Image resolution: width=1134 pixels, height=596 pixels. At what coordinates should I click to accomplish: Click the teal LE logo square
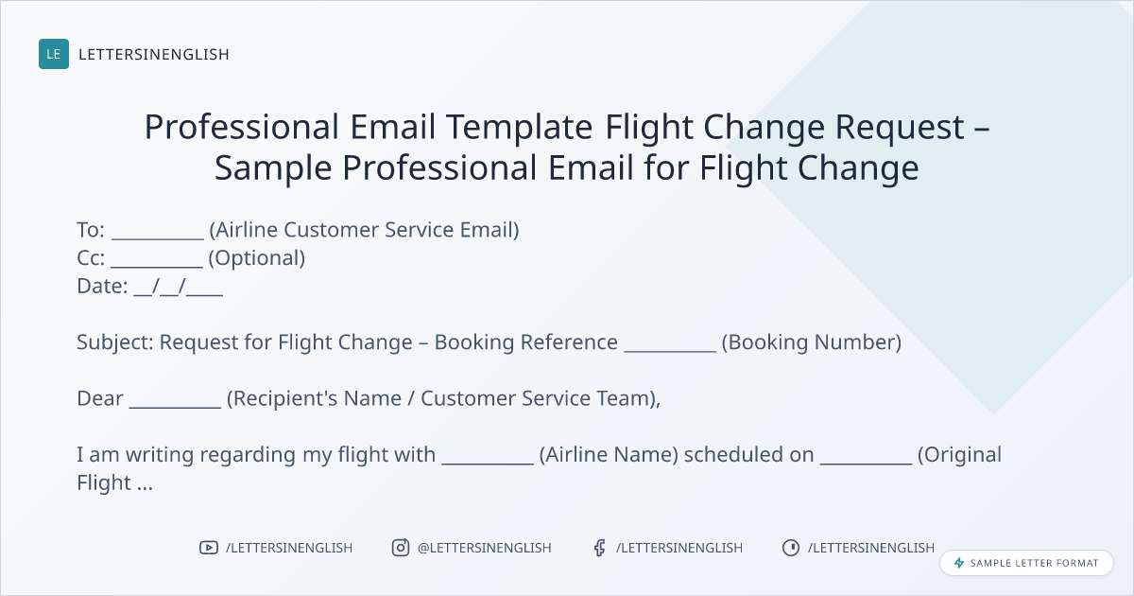[x=54, y=54]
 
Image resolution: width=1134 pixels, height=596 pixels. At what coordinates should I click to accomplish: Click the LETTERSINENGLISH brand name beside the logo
[x=154, y=54]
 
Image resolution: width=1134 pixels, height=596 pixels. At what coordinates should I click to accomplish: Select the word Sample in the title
[x=273, y=168]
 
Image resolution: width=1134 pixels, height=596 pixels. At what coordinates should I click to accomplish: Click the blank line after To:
[x=158, y=238]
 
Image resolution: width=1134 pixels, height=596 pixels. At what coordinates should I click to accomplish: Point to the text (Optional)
[x=257, y=258]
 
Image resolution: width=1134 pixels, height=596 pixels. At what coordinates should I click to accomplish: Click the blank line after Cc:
[x=157, y=266]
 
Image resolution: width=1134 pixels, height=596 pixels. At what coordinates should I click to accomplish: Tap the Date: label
[x=102, y=286]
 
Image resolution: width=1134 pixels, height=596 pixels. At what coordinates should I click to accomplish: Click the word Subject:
[x=115, y=343]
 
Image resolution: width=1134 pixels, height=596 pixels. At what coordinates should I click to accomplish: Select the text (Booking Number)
[x=812, y=342]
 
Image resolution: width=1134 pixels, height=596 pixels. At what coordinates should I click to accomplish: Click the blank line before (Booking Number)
[x=670, y=351]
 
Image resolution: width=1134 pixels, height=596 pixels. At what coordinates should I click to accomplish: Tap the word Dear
[x=100, y=398]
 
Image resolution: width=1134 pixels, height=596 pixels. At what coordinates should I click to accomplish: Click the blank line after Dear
[x=175, y=407]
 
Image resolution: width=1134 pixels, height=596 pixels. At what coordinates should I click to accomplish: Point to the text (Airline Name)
[x=609, y=455]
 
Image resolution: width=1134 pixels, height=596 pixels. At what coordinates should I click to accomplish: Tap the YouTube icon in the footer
[x=209, y=548]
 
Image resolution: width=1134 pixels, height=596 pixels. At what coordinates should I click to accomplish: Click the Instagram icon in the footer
[x=401, y=548]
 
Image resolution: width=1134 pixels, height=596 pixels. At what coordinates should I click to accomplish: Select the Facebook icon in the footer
[x=600, y=548]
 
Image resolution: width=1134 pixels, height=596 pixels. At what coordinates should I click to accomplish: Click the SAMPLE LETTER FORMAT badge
[x=1026, y=563]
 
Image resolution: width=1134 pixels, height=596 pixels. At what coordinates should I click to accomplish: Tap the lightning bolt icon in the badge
[x=959, y=563]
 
